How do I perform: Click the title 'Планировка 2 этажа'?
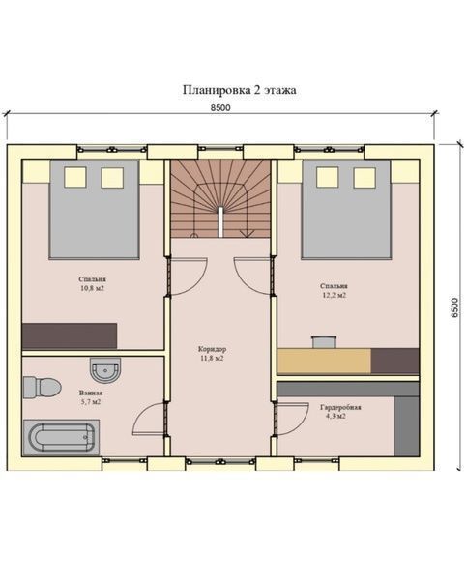(240, 90)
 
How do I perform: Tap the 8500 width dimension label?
(220, 108)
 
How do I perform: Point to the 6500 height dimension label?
(454, 307)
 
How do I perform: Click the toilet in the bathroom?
(42, 387)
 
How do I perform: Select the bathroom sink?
(105, 370)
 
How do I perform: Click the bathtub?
(61, 437)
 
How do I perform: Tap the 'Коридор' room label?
(212, 349)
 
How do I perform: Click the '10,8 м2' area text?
(92, 288)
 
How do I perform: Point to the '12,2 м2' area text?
(334, 295)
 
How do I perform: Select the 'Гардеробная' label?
(340, 407)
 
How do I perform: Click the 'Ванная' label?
(91, 393)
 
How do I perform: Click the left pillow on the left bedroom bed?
(75, 177)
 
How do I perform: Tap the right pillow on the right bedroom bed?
(365, 178)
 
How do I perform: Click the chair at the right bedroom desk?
(324, 342)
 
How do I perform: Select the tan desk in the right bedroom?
(324, 361)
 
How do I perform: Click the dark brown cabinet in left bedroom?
(70, 336)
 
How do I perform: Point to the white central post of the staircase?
(220, 222)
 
